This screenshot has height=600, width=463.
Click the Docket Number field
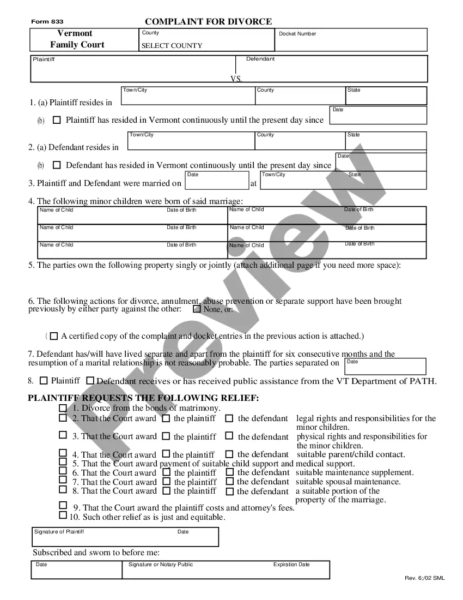coord(351,42)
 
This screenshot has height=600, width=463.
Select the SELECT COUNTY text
coord(172,46)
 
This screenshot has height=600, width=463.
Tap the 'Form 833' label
coord(47,21)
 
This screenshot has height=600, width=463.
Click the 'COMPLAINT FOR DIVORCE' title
coord(208,22)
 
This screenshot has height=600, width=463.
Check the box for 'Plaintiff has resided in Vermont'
coord(57,120)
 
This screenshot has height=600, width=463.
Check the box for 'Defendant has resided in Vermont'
coord(57,165)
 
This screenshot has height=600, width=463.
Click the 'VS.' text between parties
coord(236,79)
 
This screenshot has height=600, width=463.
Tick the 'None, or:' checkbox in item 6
coord(197,309)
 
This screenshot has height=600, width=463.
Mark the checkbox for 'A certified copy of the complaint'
coord(54,337)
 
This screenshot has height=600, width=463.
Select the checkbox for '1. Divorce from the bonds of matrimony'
coord(63,408)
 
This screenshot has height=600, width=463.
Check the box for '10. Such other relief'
coord(63,515)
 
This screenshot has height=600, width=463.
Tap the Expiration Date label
coord(291,565)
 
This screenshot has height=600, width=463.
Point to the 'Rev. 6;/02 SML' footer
coord(424,578)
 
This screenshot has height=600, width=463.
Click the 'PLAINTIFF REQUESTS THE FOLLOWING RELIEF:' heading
coord(143,398)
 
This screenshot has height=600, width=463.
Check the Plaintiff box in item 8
coord(44,380)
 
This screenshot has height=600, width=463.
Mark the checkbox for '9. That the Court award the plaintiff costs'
coord(63,506)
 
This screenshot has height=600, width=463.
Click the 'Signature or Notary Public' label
coord(161,565)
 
